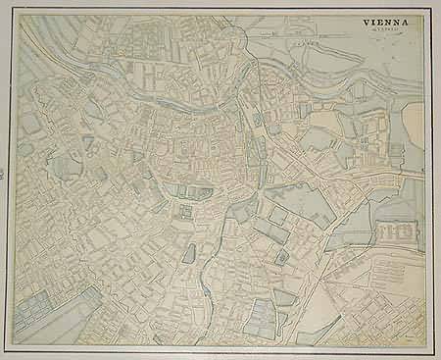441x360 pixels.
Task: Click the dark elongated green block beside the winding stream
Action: click(188, 253)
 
